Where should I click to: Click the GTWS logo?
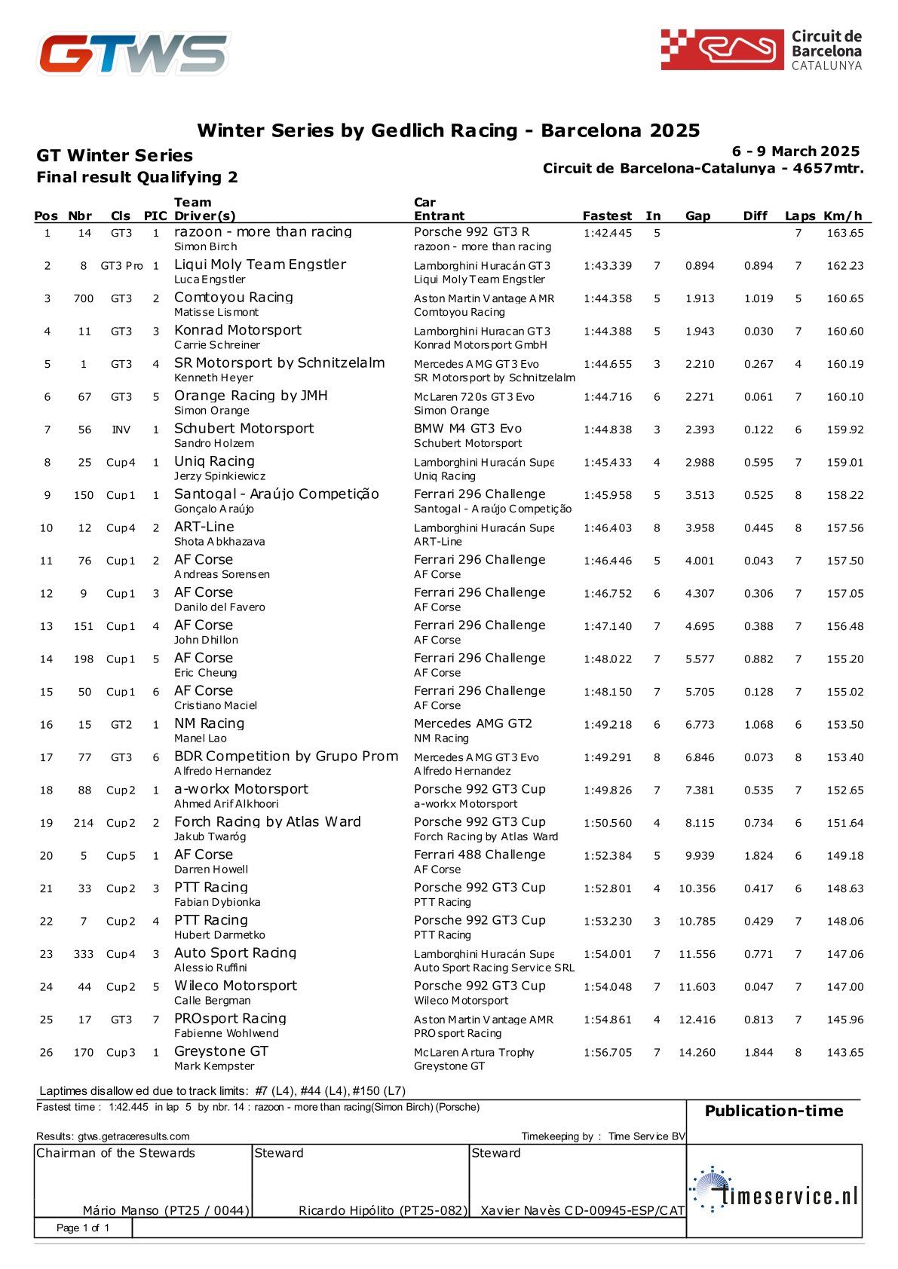point(134,54)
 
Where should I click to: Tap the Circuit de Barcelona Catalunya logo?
point(761,50)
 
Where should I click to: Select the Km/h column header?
point(842,216)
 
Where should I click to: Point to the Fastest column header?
point(607,216)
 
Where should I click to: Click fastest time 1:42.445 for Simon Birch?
point(608,234)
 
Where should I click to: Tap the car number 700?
point(84,299)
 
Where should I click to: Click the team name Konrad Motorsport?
point(238,330)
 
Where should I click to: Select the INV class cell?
point(121,430)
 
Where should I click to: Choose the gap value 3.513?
point(700,496)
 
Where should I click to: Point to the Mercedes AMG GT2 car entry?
point(473,723)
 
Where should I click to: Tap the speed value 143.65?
point(845,1053)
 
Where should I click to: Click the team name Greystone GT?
point(221,1051)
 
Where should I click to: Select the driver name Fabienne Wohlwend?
point(226,1034)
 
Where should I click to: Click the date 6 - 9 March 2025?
point(795,151)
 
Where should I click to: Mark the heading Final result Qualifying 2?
point(137,178)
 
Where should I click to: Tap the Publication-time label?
point(774,1111)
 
